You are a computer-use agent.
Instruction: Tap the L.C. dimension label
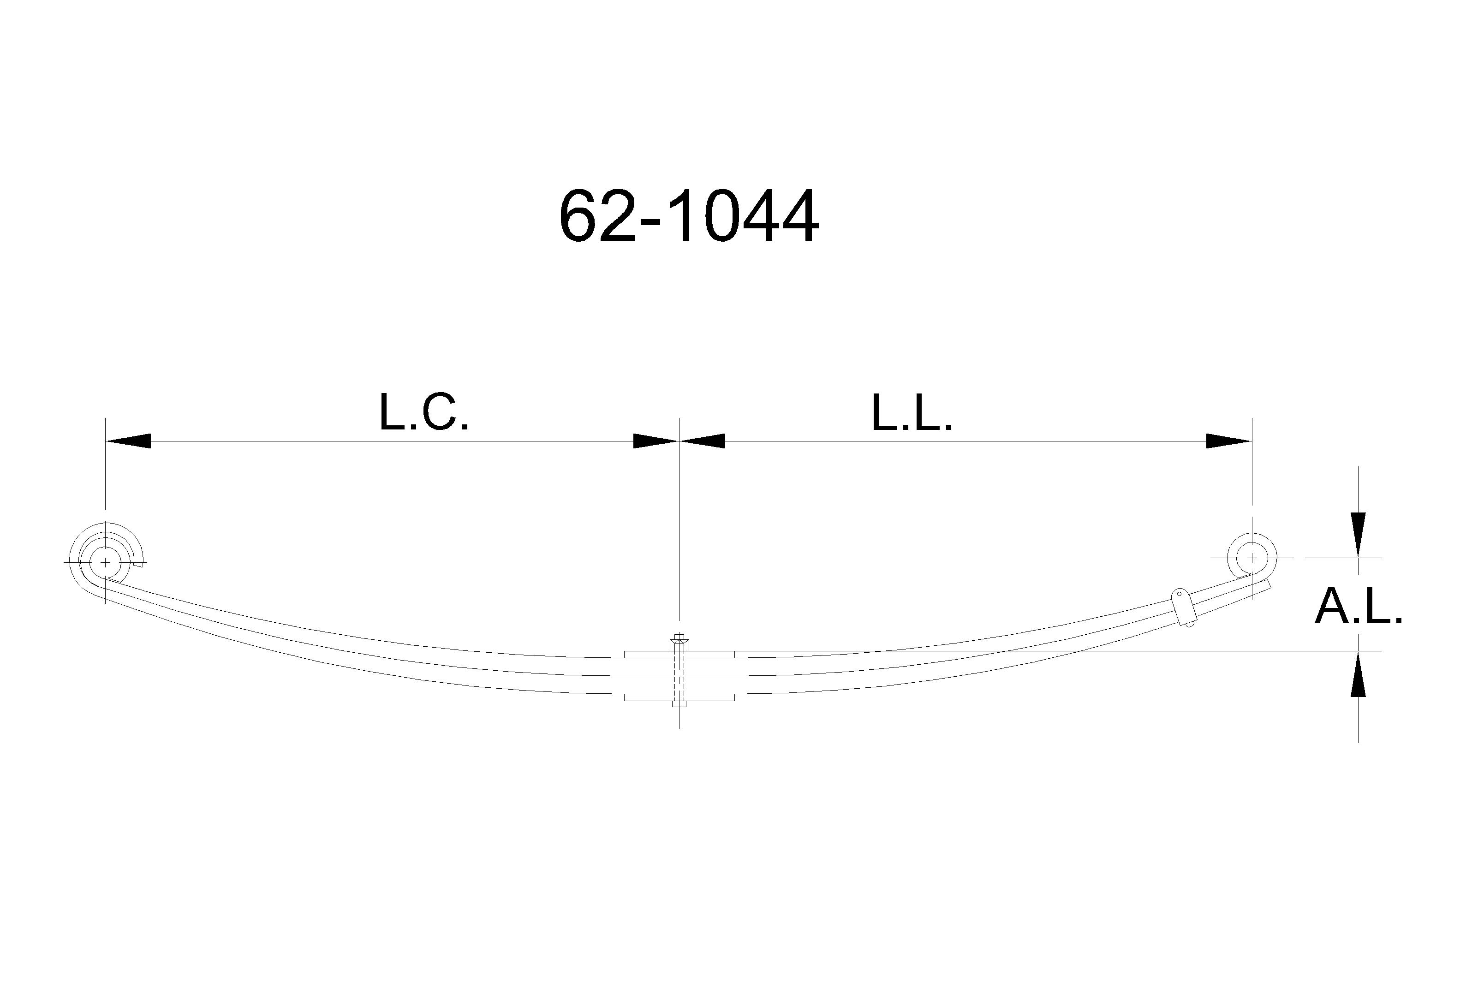pos(424,412)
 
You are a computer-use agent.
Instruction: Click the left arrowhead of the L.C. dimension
pos(128,441)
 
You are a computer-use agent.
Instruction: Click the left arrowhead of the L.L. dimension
pos(702,441)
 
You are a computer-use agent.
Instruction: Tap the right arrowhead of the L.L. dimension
pos(1229,441)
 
